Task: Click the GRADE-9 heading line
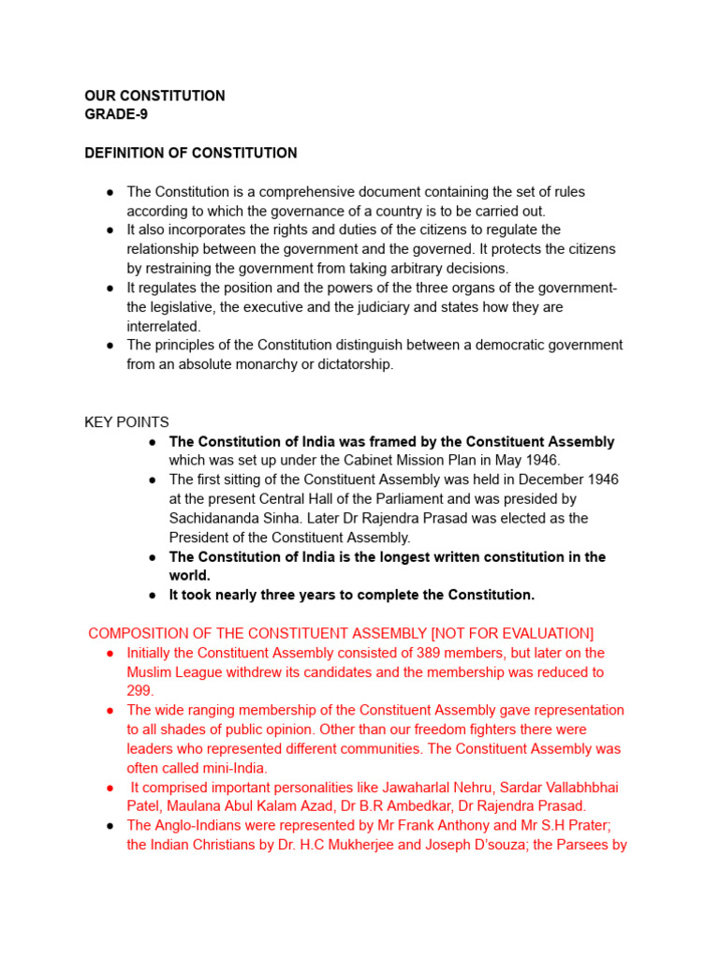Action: [x=116, y=115]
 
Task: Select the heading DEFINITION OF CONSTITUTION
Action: [x=191, y=153]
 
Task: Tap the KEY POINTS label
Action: [x=126, y=422]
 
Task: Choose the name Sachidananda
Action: [x=213, y=518]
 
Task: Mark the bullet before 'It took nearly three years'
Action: [x=153, y=595]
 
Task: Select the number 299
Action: [x=139, y=691]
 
